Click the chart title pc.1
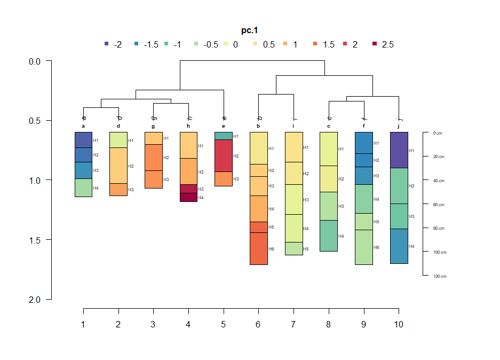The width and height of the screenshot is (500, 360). [x=250, y=31]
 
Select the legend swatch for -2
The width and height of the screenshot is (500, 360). [x=107, y=44]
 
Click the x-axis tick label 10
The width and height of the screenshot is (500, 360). [x=399, y=325]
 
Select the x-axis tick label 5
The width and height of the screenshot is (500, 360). [x=224, y=325]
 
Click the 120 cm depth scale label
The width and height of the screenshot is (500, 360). [x=440, y=276]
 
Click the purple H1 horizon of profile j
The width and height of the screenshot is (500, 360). [x=399, y=150]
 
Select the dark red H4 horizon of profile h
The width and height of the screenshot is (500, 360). [x=188, y=197]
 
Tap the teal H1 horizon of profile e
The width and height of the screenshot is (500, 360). [x=224, y=136]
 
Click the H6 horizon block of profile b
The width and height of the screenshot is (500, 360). [x=258, y=248]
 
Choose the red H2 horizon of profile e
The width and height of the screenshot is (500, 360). [x=224, y=155]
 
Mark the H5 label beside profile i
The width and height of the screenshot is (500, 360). [x=306, y=249]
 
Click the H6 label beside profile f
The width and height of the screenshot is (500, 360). [x=376, y=247]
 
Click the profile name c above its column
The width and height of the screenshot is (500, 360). [x=329, y=126]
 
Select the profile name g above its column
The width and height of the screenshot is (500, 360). [x=153, y=126]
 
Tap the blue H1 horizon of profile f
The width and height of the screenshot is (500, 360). [x=363, y=143]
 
